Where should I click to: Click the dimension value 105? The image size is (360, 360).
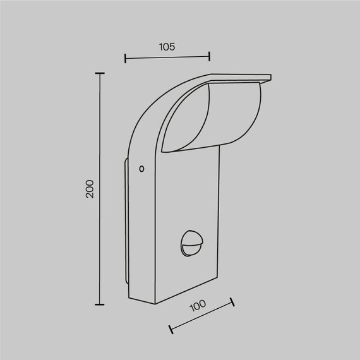(x=167, y=47)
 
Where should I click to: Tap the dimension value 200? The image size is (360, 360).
(x=90, y=189)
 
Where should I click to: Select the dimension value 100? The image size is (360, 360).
(x=197, y=306)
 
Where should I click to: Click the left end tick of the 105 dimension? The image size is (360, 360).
(x=126, y=59)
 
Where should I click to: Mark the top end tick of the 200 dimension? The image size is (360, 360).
(x=99, y=74)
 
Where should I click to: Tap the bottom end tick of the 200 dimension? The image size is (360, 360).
(x=99, y=304)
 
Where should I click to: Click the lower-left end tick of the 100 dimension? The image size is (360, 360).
(x=171, y=329)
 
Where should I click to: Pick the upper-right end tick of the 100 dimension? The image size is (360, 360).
(x=232, y=303)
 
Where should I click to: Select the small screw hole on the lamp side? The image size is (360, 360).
(x=141, y=169)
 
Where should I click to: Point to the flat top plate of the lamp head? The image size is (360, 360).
(x=240, y=78)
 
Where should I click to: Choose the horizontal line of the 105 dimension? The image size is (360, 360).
(x=167, y=59)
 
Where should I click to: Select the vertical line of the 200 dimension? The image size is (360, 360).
(x=99, y=189)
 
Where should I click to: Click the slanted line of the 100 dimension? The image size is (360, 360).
(x=201, y=316)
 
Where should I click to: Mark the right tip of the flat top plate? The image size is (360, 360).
(x=271, y=77)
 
